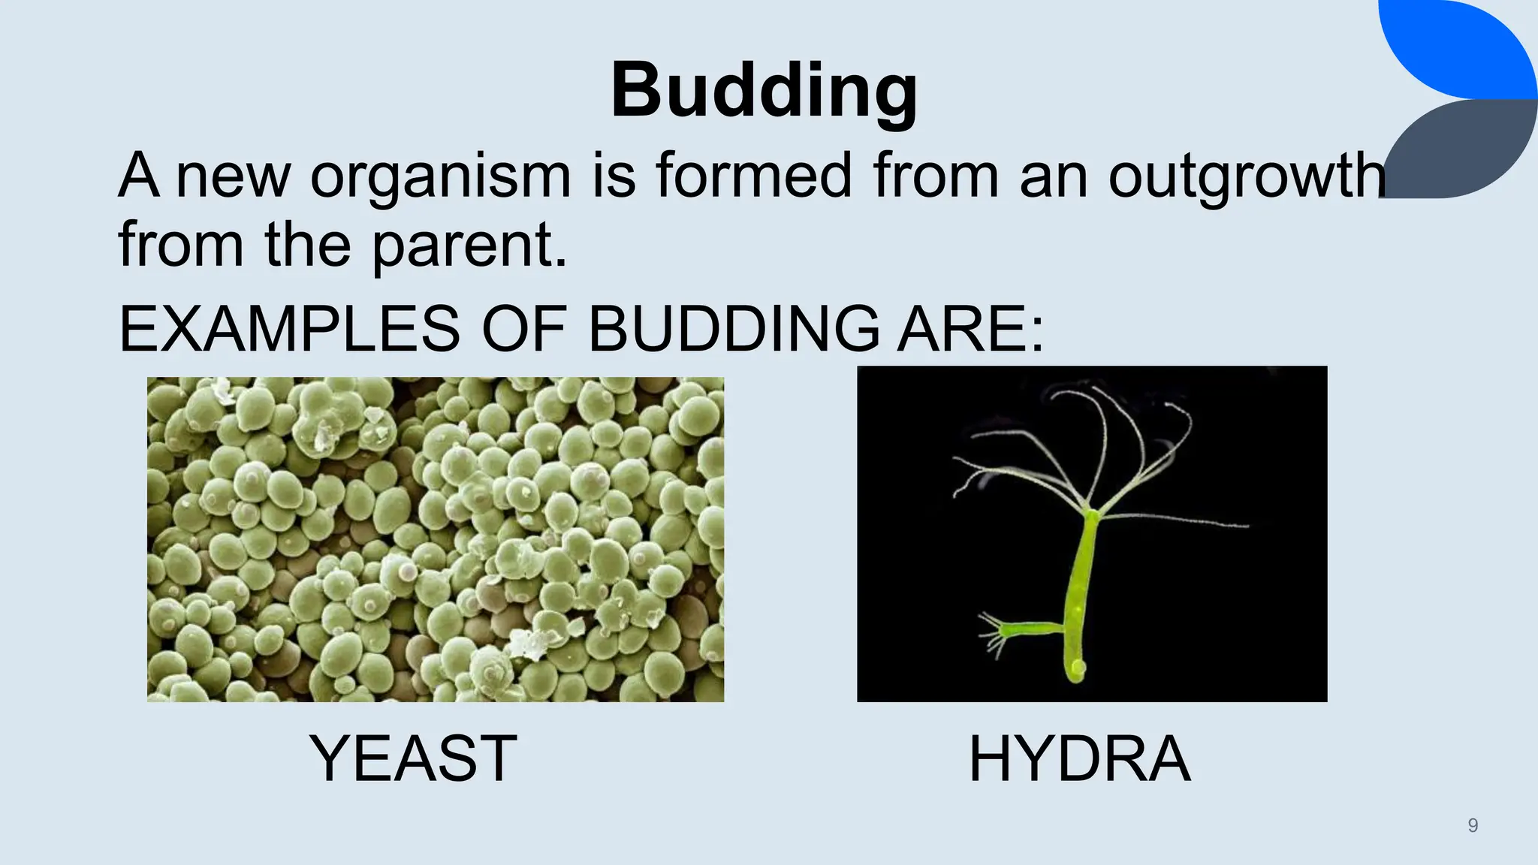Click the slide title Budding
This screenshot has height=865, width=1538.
tap(764, 92)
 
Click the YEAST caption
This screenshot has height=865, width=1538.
tap(412, 758)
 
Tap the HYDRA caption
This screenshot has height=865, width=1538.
tap(1079, 758)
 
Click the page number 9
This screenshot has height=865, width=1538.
tap(1473, 826)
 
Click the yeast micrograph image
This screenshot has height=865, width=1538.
tap(436, 539)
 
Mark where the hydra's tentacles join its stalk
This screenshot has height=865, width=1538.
tap(1090, 514)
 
